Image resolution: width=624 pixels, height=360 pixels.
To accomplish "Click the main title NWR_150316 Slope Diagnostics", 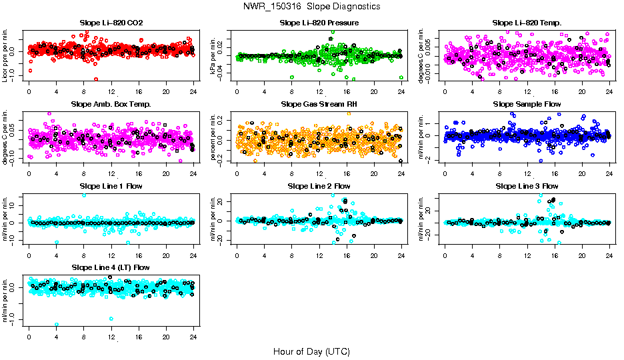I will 312,6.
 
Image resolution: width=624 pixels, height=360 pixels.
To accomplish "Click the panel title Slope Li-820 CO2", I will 111,23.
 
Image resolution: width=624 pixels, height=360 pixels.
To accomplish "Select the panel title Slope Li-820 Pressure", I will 319,23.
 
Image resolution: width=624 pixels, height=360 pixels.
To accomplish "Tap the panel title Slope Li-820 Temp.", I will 527,23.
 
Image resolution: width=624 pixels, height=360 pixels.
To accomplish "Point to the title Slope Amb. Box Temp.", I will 111,105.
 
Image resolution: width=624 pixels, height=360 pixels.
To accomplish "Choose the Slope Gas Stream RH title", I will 319,105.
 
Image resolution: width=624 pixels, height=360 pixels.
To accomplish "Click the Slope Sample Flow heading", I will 527,105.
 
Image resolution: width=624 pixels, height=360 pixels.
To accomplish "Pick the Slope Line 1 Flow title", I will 111,186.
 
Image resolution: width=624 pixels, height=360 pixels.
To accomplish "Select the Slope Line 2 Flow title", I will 319,186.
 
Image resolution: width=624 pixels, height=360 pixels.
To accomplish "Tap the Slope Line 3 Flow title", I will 527,186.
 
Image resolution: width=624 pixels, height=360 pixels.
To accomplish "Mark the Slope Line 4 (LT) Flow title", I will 111,267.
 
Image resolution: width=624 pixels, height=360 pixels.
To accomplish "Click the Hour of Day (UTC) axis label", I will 311,351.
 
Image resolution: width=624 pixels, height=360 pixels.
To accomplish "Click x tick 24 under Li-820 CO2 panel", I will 193,91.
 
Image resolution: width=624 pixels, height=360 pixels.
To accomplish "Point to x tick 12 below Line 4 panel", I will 111,335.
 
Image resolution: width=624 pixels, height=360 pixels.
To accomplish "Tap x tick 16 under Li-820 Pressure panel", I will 347,91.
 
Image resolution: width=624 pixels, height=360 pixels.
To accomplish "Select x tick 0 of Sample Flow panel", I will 445,172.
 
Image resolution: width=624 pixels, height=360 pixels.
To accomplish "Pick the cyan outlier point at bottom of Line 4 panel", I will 57,325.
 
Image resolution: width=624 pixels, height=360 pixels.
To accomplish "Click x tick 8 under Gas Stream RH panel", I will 292,172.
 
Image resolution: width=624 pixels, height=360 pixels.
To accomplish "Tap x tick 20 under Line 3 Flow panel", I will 582,254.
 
